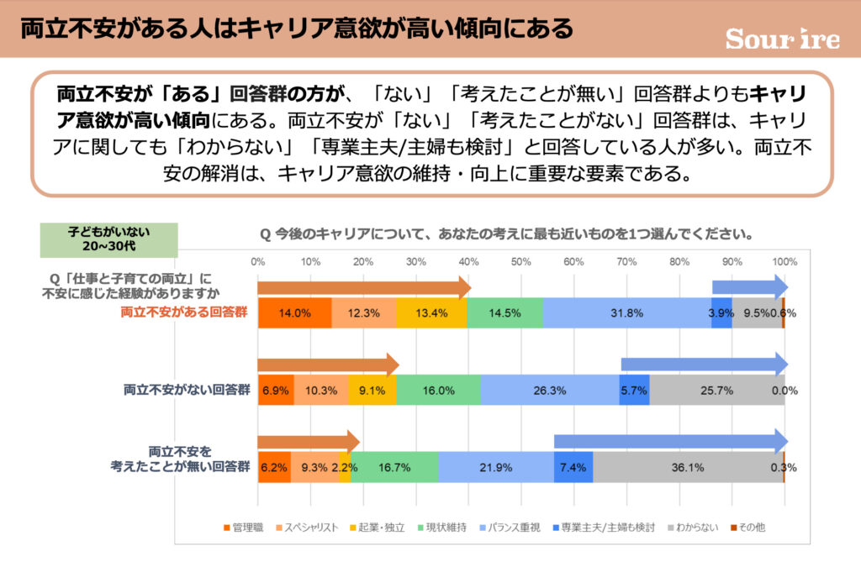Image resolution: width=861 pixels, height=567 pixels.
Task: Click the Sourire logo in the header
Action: [x=782, y=39]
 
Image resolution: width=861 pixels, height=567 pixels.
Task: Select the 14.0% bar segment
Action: [x=294, y=312]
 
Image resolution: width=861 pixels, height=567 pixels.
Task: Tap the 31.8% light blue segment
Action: [x=626, y=312]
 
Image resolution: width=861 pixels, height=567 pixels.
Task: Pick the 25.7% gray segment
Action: [x=716, y=390]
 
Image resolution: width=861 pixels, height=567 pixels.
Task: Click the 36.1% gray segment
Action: [x=688, y=467]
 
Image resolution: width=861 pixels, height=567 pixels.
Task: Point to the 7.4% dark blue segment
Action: [x=573, y=467]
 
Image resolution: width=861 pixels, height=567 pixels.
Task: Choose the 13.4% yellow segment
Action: [x=431, y=312]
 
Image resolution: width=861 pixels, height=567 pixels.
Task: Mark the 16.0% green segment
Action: [x=438, y=390]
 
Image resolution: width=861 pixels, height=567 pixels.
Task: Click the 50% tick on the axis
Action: [x=521, y=260]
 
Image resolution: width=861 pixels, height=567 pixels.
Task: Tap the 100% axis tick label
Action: [x=784, y=260]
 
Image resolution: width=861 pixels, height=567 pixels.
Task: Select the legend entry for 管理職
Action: [x=245, y=528]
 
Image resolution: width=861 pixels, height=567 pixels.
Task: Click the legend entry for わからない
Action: [x=693, y=528]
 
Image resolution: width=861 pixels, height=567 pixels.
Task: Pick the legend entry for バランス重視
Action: [x=515, y=528]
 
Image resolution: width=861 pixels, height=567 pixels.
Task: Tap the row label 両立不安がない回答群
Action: [x=187, y=390]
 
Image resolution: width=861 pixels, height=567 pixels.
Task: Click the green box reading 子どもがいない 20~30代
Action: [x=109, y=239]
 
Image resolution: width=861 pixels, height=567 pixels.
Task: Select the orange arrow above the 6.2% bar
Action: [x=308, y=443]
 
